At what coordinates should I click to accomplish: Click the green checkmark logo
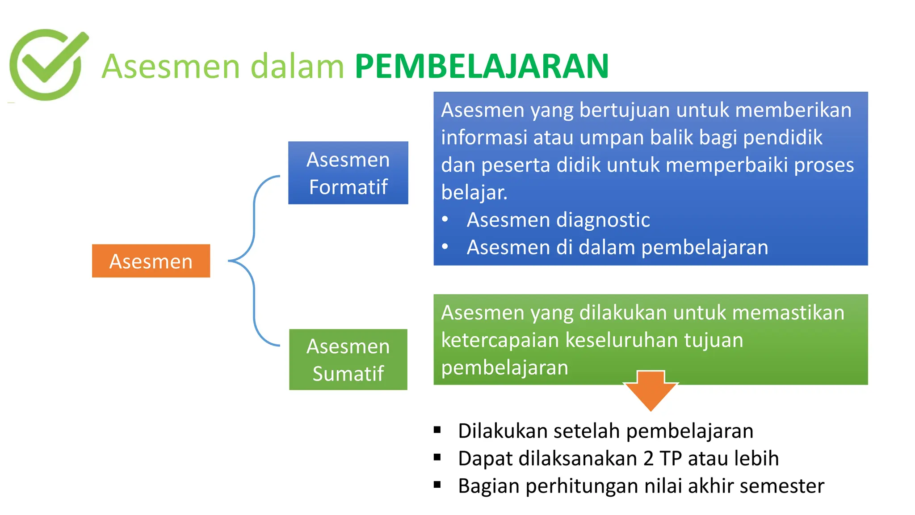coord(47,64)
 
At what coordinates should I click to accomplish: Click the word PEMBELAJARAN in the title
coord(482,67)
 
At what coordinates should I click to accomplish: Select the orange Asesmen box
coord(151,261)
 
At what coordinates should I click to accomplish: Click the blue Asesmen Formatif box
coord(348,173)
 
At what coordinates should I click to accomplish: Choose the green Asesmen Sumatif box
coord(348,359)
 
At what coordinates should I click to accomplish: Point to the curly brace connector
coord(254,261)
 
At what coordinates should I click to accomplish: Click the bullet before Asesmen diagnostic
coord(445,220)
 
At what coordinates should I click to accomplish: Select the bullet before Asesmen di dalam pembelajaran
coord(445,247)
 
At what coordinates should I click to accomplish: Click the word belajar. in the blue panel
coord(474,193)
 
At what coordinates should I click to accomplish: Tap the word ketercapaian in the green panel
coord(500,340)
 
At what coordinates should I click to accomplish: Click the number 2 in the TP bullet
coord(648,459)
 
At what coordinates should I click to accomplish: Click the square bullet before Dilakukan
coord(437,430)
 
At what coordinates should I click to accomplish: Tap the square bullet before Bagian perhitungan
coord(437,485)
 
